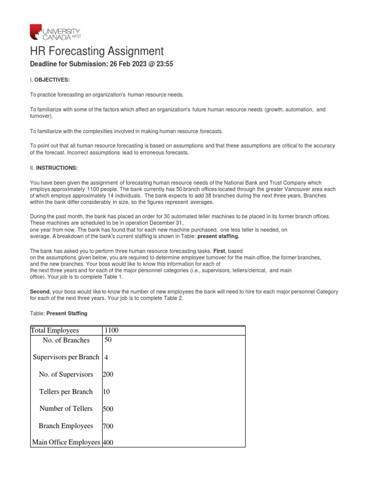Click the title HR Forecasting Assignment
(97, 52)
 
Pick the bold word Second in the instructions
(40, 290)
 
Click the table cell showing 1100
(111, 330)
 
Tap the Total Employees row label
(54, 330)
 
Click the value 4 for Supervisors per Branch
(106, 357)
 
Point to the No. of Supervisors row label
(66, 374)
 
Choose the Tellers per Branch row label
(66, 391)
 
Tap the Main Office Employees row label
(66, 443)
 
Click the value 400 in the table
(108, 443)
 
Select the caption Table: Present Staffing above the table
(59, 313)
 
